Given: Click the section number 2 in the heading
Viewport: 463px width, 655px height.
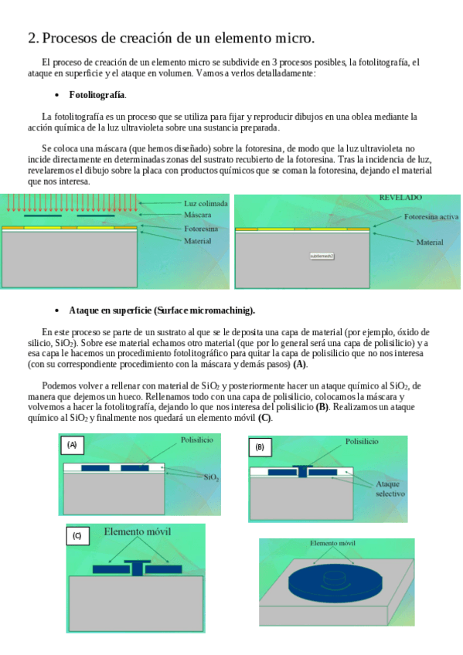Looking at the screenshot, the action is click(33, 38).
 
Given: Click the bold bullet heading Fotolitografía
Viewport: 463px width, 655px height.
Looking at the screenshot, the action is click(97, 95).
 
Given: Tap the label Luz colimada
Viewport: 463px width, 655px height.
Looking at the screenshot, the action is click(206, 203).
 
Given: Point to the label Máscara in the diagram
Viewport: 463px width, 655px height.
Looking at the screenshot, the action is click(198, 215).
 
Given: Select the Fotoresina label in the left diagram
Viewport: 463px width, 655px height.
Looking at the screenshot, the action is click(201, 229).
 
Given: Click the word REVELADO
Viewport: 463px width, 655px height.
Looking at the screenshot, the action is click(400, 198).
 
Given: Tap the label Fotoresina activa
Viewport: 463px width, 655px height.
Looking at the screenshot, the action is click(431, 217).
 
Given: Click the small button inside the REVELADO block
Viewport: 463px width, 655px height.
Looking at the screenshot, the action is click(322, 256).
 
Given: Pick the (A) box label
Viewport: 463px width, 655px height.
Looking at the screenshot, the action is click(72, 445).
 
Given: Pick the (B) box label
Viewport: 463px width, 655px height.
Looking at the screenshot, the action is click(260, 447).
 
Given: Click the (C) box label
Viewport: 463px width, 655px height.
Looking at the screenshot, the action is click(77, 535).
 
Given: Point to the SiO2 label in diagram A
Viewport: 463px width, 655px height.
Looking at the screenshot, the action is click(212, 477).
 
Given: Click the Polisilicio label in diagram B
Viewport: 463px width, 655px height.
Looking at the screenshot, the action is click(362, 442).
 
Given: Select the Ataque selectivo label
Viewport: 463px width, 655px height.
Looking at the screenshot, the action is click(390, 489).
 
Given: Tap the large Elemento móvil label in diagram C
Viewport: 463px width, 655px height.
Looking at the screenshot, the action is click(137, 531).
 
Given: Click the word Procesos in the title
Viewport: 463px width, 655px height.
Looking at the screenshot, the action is click(70, 38).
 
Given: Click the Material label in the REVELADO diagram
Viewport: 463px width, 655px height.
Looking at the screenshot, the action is click(430, 242).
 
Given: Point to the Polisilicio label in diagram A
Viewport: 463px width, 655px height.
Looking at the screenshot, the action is click(197, 439).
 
